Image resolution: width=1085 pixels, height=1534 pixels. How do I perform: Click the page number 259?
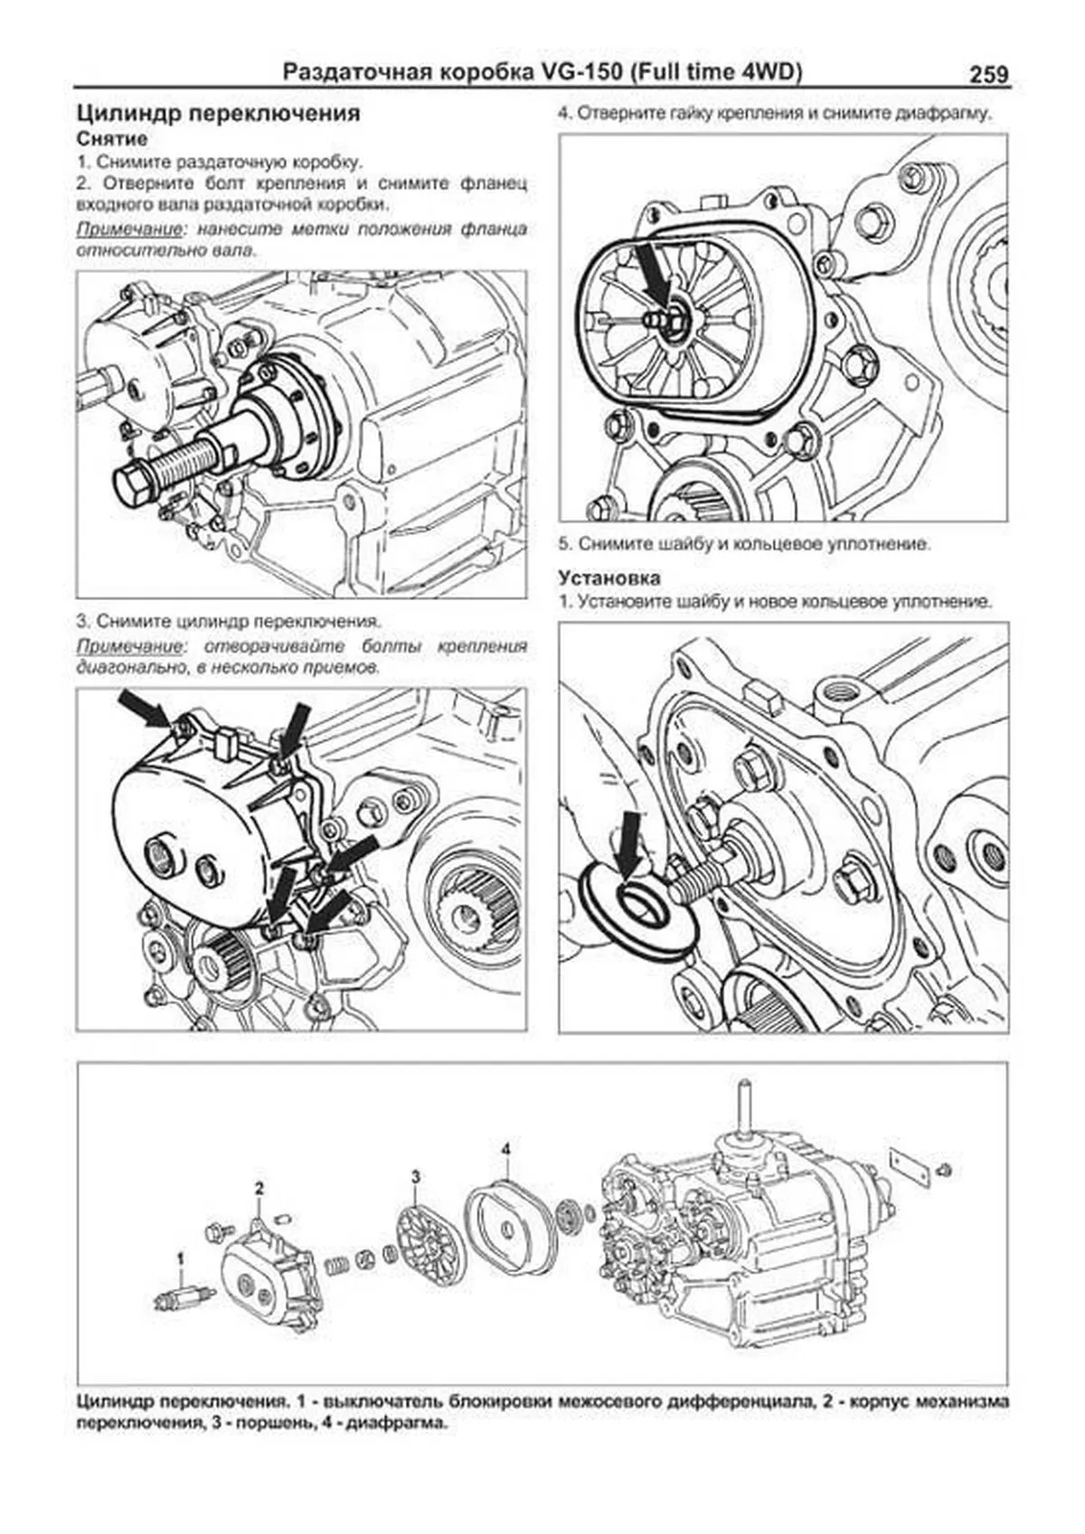[x=988, y=74]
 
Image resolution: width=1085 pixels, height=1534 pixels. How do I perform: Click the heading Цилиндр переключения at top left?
[x=218, y=113]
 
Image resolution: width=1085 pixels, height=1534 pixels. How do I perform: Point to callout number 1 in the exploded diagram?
[x=181, y=1257]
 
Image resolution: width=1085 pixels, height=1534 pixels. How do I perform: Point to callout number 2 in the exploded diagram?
[x=259, y=1187]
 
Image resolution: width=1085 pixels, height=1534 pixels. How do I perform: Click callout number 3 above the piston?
[x=416, y=1176]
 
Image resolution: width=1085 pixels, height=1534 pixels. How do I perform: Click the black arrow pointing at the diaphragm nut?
[x=651, y=274]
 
